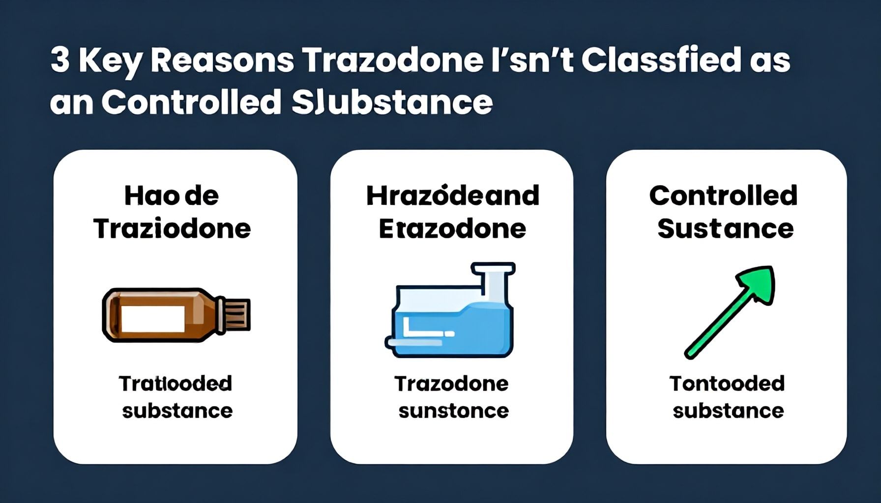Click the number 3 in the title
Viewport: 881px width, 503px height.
coord(60,60)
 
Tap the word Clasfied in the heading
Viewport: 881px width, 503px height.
coord(661,60)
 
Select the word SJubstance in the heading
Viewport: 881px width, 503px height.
coord(392,102)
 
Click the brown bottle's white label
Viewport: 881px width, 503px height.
coord(153,318)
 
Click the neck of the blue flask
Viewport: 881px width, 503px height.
coord(493,285)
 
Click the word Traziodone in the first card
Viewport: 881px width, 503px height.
coord(172,229)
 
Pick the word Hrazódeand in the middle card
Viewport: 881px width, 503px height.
coord(452,196)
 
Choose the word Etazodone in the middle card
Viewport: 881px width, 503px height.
coord(452,229)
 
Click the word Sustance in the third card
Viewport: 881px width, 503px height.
coord(725,229)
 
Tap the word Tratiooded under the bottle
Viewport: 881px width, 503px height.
coord(176,384)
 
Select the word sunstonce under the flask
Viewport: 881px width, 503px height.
coord(453,411)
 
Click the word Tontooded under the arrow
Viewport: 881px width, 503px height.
coord(727,384)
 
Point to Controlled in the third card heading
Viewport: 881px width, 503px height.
coord(723,196)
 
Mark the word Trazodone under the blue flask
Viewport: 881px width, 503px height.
coord(451,384)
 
